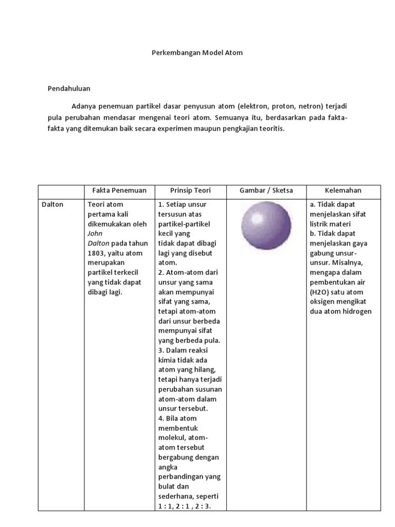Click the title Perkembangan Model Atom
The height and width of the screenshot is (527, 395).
(197, 52)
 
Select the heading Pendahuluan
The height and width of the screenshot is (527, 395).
(69, 89)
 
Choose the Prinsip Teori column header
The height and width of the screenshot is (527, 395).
(190, 190)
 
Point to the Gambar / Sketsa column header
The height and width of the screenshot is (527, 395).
(266, 190)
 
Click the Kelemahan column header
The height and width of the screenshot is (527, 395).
(343, 190)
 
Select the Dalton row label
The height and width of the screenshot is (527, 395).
(52, 204)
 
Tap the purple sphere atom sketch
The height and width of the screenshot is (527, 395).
(266, 226)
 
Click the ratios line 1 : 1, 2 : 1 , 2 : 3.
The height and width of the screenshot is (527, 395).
(186, 506)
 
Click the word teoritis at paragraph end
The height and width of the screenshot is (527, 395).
(269, 129)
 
